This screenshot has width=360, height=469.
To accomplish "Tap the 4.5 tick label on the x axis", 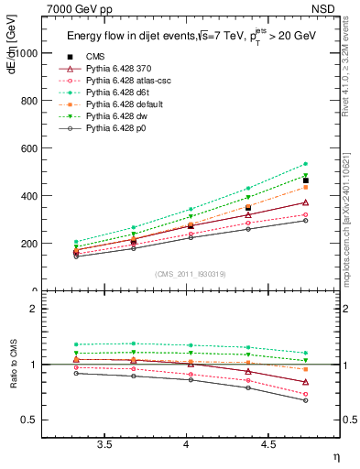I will tap(267, 444).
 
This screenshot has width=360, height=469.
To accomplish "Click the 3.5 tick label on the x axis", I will tap(105, 444).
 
